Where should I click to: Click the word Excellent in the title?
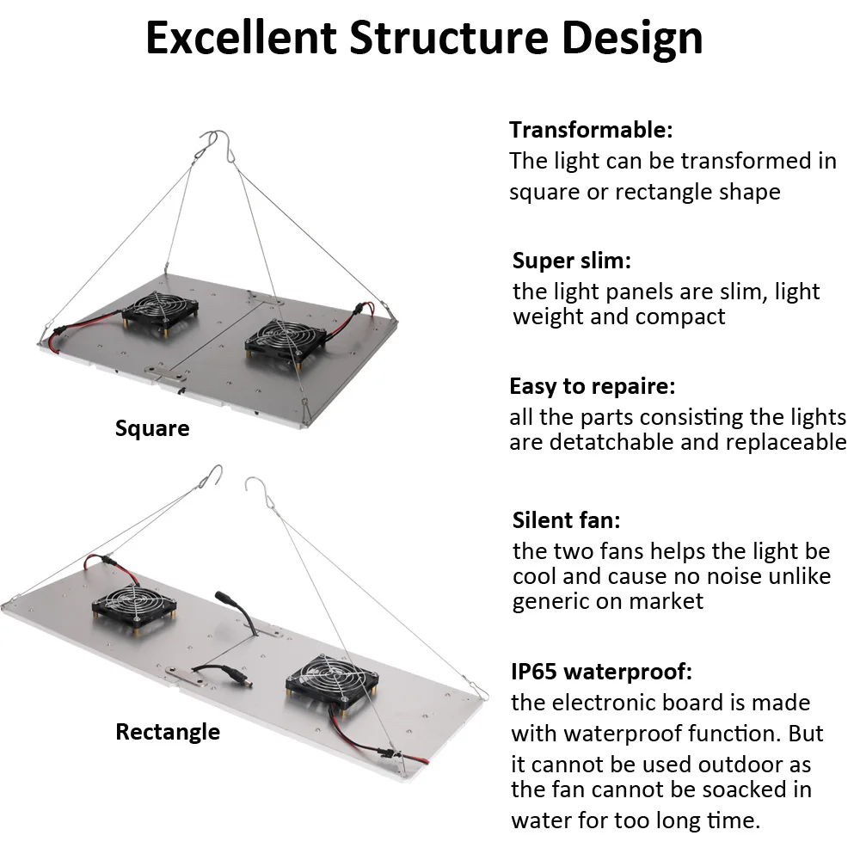pos(240,38)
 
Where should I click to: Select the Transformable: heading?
pos(591,130)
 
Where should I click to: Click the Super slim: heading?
pos(572,261)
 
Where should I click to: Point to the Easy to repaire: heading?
pos(593,386)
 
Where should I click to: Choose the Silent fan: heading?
pos(567,520)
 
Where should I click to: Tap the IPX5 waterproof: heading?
pos(602,671)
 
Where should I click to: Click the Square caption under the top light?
pos(152,428)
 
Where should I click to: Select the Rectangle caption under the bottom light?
pos(168,732)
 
